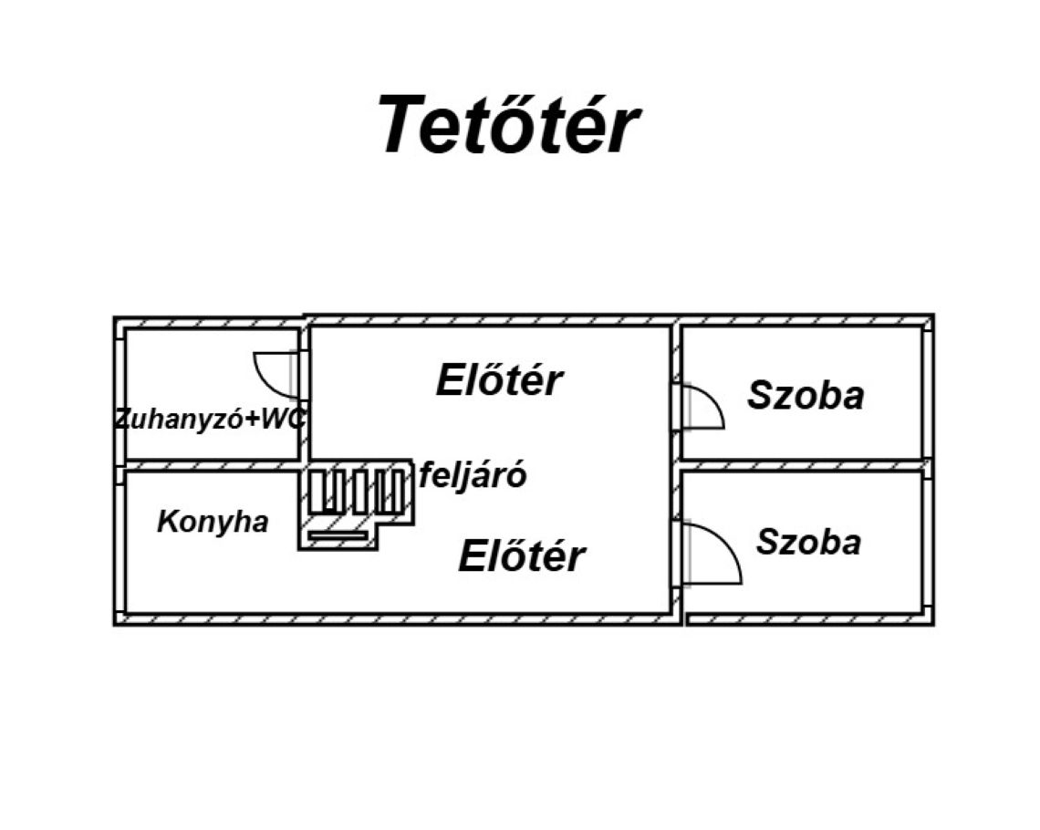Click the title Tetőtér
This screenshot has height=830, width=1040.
507,125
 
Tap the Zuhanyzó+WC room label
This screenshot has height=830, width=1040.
211,420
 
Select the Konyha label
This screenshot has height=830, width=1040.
213,522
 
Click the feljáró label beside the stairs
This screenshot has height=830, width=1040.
473,475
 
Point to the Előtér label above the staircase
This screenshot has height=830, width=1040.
499,380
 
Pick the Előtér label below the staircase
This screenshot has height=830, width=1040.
521,555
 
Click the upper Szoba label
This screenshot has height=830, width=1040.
805,396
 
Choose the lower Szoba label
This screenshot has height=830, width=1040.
807,542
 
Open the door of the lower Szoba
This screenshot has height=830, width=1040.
710,552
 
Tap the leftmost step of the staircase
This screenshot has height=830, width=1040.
317,491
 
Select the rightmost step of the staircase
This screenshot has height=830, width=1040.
394,491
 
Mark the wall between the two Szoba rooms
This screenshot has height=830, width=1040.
803,465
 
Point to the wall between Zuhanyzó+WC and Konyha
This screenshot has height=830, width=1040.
212,465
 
